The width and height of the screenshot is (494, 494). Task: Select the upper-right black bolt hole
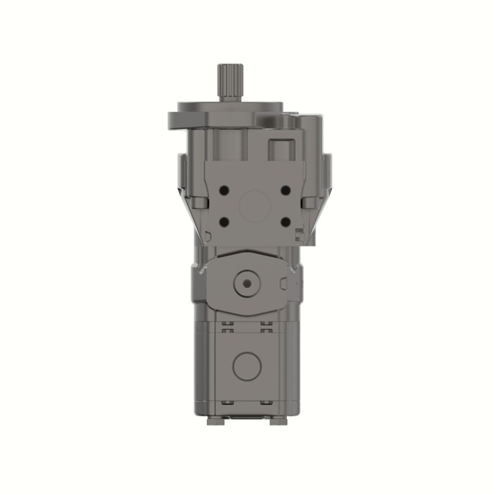[285, 190]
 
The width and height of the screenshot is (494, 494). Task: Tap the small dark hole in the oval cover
[247, 283]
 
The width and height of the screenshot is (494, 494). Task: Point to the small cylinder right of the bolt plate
[310, 203]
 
